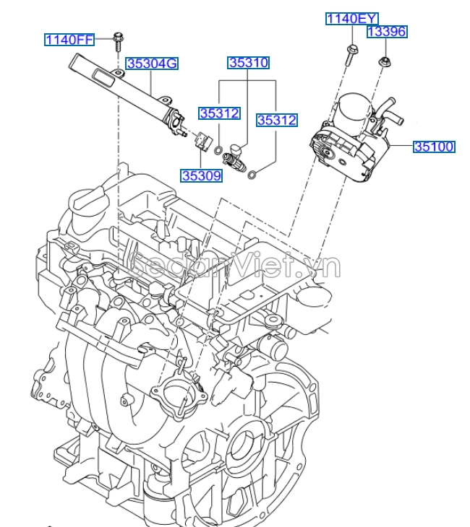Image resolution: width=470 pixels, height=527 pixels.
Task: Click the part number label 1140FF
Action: pyautogui.click(x=69, y=40)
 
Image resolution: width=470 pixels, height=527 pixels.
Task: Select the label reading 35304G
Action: pyautogui.click(x=153, y=64)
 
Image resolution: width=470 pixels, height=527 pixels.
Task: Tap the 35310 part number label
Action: pyautogui.click(x=249, y=63)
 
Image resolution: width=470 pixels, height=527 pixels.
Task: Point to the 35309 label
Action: pyautogui.click(x=202, y=175)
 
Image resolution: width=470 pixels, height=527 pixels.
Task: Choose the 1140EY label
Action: pyautogui.click(x=351, y=19)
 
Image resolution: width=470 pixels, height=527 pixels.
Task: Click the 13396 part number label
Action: pyautogui.click(x=387, y=32)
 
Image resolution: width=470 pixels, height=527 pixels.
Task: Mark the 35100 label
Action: pyautogui.click(x=434, y=147)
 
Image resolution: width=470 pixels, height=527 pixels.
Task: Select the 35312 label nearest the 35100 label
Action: pyautogui.click(x=277, y=121)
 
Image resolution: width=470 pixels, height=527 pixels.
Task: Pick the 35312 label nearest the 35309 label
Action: pyautogui.click(x=220, y=113)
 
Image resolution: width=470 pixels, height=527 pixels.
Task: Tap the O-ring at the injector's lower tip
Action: pyautogui.click(x=252, y=173)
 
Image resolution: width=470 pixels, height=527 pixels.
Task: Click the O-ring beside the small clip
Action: pyautogui.click(x=218, y=151)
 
